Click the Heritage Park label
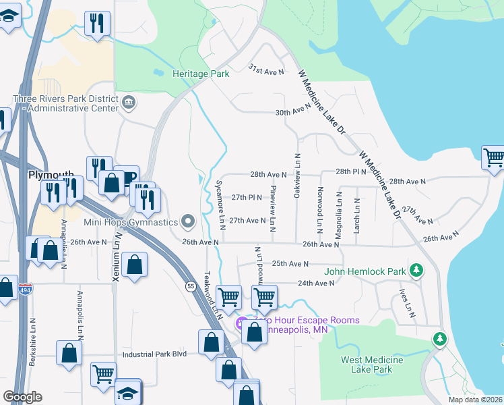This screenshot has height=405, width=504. (x=201, y=74)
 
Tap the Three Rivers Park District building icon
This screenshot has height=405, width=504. (x=129, y=103)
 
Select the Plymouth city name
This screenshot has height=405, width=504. (x=51, y=174)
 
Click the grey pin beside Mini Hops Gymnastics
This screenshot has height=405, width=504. (x=188, y=221)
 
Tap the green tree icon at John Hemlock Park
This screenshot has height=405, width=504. (x=417, y=271)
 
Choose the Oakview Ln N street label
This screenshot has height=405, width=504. (x=297, y=175)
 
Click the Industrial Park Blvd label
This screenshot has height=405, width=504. (x=154, y=354)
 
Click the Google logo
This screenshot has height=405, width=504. (x=22, y=396)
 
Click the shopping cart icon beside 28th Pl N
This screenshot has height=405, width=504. (x=493, y=157)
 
